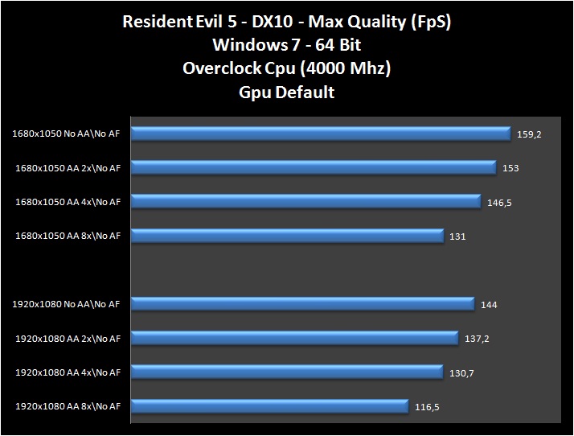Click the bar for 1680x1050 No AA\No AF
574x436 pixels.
(x=320, y=134)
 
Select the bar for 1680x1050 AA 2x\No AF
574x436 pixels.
(x=313, y=167)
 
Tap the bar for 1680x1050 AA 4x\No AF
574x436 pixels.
(x=305, y=202)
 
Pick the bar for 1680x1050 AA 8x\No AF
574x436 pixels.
(x=287, y=236)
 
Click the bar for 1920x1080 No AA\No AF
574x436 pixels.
(x=302, y=304)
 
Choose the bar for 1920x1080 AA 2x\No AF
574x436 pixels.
(x=294, y=338)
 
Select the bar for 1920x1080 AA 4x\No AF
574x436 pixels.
(x=287, y=372)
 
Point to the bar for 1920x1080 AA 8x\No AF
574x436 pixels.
(x=269, y=406)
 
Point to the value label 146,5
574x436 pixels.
(x=499, y=203)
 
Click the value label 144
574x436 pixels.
(x=489, y=305)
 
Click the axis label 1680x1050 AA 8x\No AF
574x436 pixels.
(x=68, y=236)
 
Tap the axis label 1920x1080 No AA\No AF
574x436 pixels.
(x=67, y=304)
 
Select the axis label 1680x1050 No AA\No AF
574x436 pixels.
(x=67, y=134)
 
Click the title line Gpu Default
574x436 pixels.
(x=287, y=92)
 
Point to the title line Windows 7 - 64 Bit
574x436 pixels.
(x=287, y=45)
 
